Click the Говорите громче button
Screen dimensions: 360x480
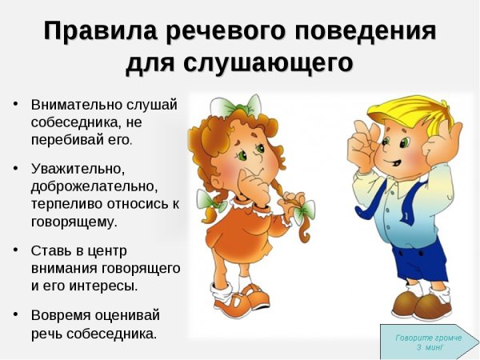click(429, 342)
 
